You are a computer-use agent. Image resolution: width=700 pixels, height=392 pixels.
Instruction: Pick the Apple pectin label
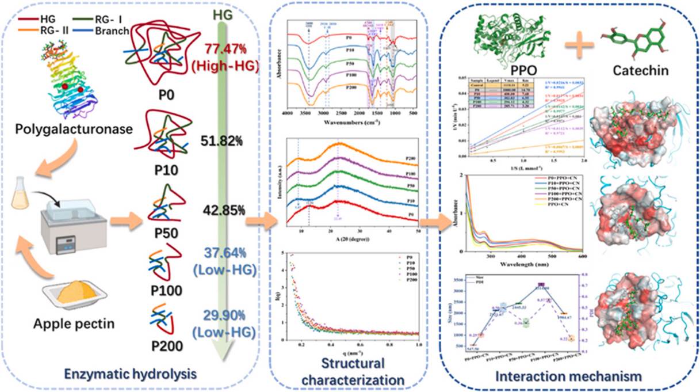tap(81, 324)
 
